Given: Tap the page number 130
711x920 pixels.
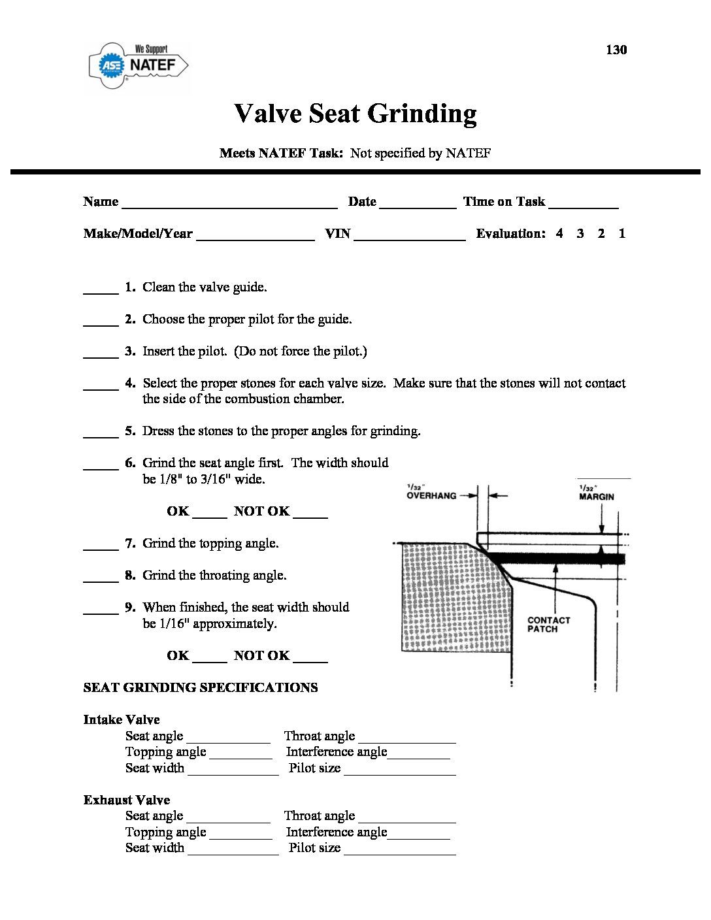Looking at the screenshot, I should [x=616, y=50].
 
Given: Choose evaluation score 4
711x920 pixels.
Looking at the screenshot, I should [x=559, y=233].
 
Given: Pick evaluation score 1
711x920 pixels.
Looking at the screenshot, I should [x=622, y=233].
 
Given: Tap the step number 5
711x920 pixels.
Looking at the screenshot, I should [x=130, y=431].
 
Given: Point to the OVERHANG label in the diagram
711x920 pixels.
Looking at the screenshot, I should [x=431, y=495].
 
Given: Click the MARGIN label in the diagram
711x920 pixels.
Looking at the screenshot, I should [x=597, y=497].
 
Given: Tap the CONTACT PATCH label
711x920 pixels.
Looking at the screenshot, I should [x=548, y=625].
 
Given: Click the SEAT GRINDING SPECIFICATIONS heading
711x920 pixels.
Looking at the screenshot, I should [x=201, y=687].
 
